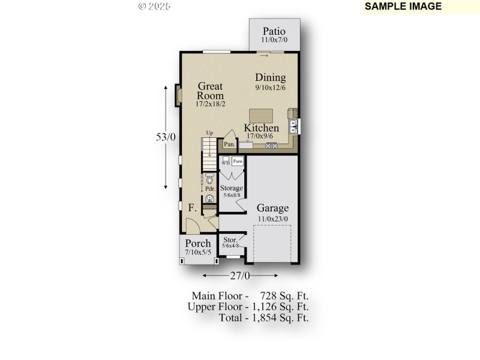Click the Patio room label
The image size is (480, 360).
coord(273,31)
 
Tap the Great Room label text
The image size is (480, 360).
coord(211,91)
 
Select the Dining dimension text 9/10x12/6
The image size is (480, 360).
coord(270,88)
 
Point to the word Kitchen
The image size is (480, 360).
coord(261,128)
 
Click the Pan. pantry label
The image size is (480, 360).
coord(229,144)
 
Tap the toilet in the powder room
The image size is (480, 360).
coord(209,179)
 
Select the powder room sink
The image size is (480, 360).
coord(209,198)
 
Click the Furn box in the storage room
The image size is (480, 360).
coord(238,161)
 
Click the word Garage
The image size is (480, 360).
coord(273,208)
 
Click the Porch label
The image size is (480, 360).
coord(197,243)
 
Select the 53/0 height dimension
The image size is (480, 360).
coord(166,137)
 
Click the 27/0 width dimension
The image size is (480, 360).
coord(240,275)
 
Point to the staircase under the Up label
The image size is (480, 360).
coord(209,153)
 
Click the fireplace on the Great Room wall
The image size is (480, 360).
coord(178,96)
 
